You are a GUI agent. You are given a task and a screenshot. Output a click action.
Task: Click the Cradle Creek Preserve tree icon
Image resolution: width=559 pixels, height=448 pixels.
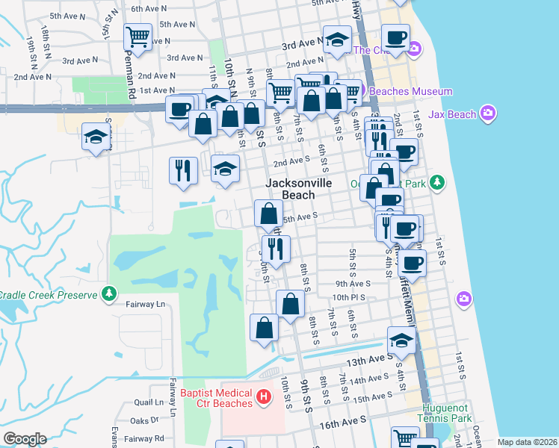point(111,293)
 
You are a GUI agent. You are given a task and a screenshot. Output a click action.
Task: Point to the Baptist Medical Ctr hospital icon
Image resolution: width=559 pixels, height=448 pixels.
point(263,397)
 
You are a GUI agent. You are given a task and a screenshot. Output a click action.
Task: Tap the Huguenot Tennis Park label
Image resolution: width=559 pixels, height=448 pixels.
point(447,413)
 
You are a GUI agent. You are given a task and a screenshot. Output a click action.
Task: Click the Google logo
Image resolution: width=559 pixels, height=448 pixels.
point(25,439)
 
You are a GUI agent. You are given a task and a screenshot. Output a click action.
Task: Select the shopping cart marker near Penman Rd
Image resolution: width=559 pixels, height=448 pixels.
point(138,37)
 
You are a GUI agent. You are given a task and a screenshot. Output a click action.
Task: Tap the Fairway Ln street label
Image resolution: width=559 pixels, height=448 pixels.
point(145,305)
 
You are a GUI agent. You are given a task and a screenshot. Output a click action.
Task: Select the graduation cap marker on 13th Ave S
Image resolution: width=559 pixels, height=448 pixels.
point(401,342)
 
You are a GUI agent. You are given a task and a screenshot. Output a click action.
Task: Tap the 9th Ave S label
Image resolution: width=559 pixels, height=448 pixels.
point(353,284)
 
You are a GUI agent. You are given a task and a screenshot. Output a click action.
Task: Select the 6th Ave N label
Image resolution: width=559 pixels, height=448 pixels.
point(148,9)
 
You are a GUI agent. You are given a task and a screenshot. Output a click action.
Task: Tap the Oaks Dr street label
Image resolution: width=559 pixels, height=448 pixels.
point(144,420)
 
